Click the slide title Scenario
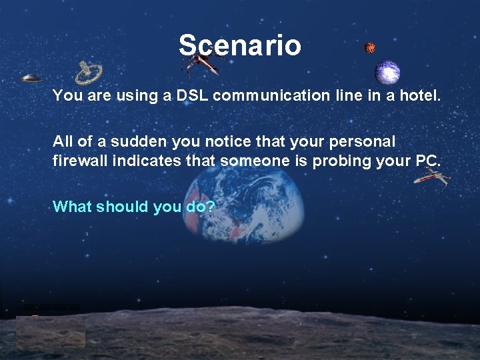(239, 45)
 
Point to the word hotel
(419, 95)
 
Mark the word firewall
(77, 161)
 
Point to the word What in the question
(72, 207)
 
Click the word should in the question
(123, 207)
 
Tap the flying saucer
(31, 78)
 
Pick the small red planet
(370, 47)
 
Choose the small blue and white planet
(387, 71)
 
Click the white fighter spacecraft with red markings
(431, 177)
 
